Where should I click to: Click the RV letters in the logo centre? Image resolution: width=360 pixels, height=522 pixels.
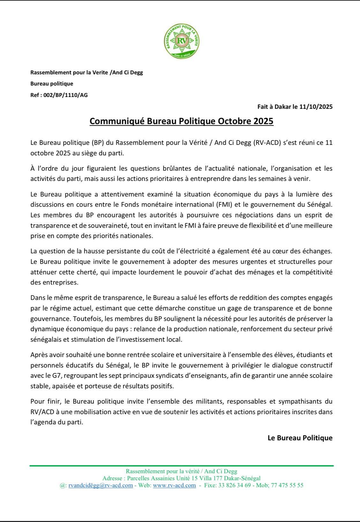point(182,41)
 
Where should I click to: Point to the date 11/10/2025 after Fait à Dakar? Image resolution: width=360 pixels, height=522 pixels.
point(316,107)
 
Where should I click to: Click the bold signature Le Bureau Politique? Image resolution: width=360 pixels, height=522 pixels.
point(300,438)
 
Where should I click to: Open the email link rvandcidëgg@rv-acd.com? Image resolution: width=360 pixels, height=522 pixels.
point(101,485)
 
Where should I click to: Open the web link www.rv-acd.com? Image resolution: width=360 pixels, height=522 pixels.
point(174,485)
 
